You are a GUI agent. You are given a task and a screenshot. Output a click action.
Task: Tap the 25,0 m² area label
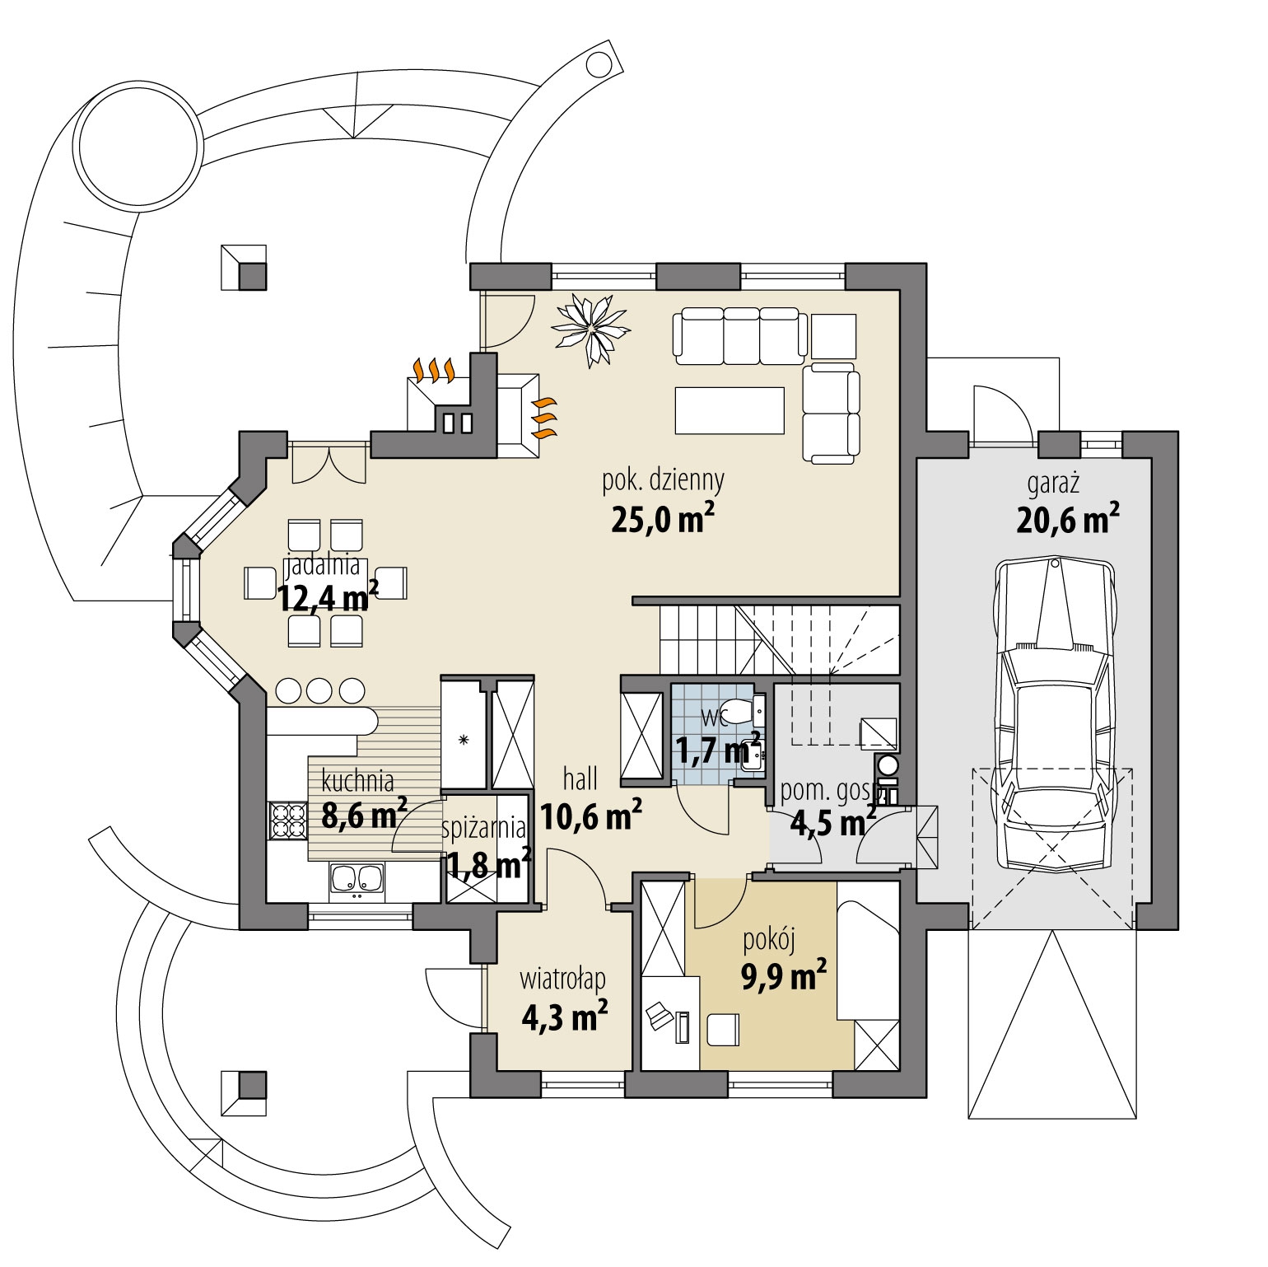662,519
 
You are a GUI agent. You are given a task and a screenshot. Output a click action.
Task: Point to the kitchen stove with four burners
286,820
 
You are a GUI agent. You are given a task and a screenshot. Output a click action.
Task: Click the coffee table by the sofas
729,409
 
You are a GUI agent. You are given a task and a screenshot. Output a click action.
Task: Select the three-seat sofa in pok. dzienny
739,336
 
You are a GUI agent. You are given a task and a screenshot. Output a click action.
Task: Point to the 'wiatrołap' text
563,979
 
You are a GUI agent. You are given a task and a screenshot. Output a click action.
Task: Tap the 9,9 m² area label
784,978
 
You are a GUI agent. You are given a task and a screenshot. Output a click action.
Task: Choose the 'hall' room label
580,778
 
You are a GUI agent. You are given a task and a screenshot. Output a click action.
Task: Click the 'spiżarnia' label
484,828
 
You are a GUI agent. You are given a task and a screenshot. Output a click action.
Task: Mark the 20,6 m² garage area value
1067,519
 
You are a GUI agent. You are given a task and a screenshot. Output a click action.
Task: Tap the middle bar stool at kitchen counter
320,690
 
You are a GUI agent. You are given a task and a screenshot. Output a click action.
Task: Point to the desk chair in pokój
660,1015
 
